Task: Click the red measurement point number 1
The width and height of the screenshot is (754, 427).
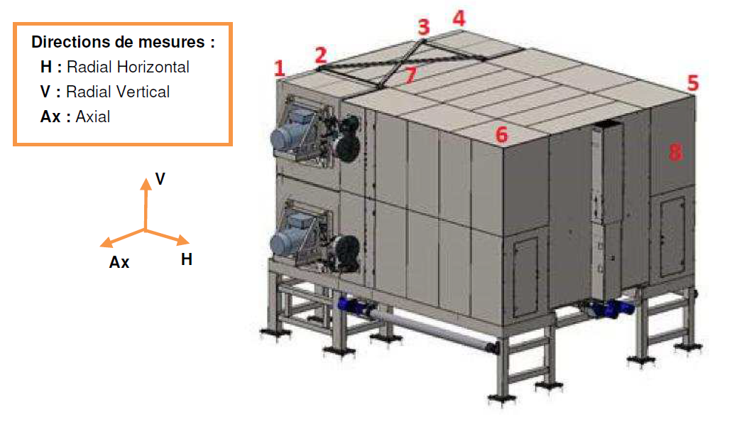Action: coord(280,68)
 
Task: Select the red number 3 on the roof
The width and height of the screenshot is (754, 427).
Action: coord(424,28)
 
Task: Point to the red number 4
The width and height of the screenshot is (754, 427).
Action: coord(459,18)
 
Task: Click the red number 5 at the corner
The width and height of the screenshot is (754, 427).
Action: coord(692,82)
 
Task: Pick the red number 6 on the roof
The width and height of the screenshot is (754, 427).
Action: coord(502,134)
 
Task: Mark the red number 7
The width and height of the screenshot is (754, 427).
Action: coord(410,75)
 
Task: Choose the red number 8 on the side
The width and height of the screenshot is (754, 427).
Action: coord(675,151)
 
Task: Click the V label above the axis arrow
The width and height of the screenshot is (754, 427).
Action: coord(160,178)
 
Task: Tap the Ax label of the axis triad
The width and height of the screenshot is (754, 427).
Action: coord(119,262)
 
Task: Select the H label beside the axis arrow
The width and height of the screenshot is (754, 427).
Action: coord(187,259)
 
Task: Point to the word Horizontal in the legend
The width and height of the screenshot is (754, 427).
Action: coord(153,67)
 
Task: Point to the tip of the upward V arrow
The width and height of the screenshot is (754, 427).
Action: coord(146,180)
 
